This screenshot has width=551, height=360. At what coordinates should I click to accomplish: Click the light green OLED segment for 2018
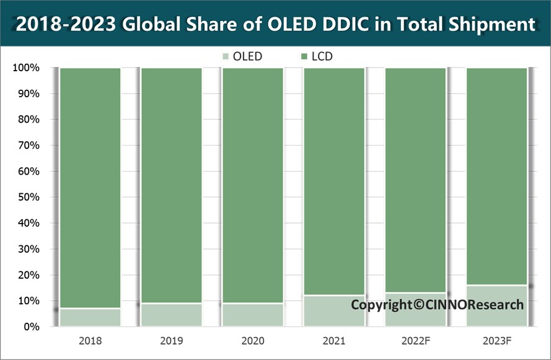point(90,317)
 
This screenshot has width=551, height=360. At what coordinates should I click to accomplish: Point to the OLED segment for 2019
point(172,315)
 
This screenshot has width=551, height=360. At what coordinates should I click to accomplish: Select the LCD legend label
point(321,57)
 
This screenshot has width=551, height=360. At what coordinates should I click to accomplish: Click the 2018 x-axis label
point(90,341)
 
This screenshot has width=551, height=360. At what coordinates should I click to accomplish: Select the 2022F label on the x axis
point(415,341)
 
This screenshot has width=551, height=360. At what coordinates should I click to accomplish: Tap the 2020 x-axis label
point(253,341)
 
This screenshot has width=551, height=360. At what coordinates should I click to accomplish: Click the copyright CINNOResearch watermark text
point(437,305)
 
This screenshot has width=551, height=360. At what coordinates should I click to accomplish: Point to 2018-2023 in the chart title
point(66,24)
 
